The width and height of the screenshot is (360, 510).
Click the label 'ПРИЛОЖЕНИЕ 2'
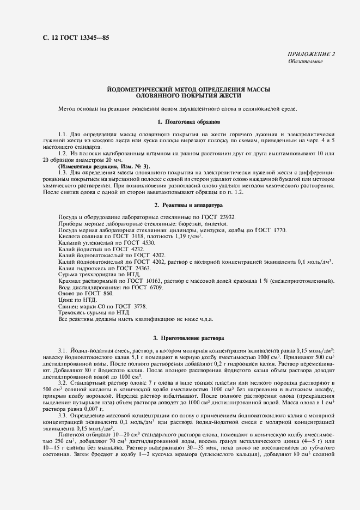click(312, 54)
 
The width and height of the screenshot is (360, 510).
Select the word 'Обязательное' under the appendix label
click(305, 62)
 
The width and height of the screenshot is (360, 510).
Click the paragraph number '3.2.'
click(64, 384)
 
